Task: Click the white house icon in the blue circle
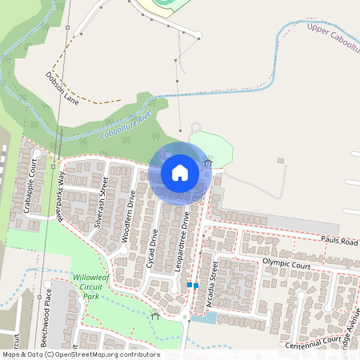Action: (179, 172)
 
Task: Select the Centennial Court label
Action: (314, 340)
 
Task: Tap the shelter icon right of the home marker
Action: (208, 162)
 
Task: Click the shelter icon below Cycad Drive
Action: (155, 315)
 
